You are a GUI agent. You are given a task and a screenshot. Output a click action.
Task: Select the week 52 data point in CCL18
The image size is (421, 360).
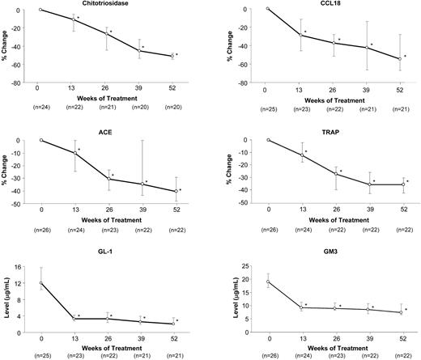coord(402,59)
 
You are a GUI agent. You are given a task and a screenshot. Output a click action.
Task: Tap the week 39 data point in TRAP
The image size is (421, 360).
coord(369,184)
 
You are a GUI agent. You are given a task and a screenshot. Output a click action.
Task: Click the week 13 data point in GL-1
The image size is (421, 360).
coord(74,319)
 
